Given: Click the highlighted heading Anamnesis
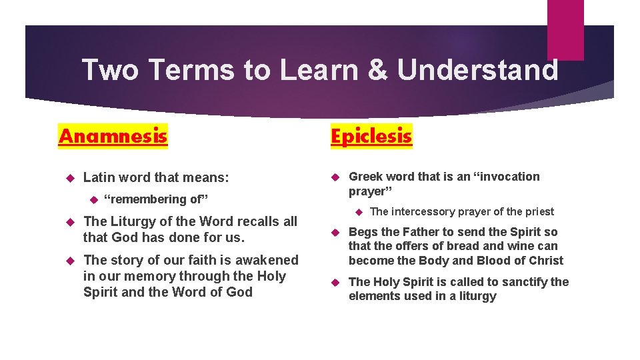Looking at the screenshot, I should pyautogui.click(x=113, y=136).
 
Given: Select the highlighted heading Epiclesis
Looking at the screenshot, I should pyautogui.click(x=371, y=136).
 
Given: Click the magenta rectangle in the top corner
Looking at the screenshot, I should pyautogui.click(x=565, y=29).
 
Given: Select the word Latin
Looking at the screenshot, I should pyautogui.click(x=100, y=177).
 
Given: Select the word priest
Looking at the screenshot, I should pyautogui.click(x=539, y=212).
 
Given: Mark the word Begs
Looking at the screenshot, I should pyautogui.click(x=363, y=232).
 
